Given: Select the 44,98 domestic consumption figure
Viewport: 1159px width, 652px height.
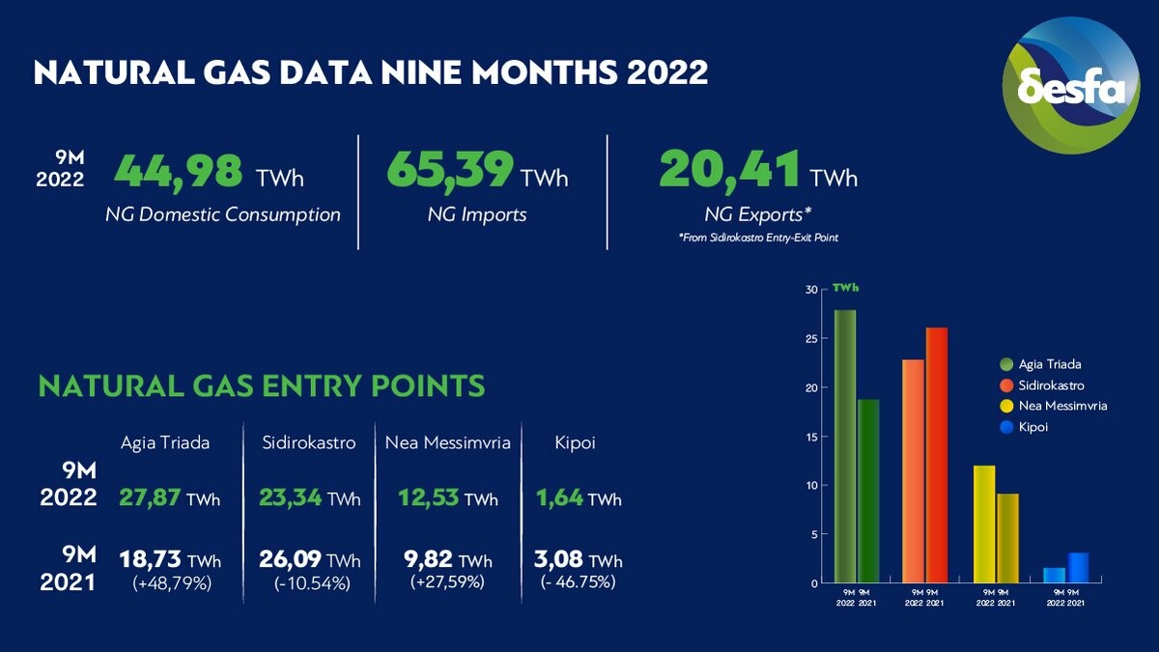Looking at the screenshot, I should [178, 171].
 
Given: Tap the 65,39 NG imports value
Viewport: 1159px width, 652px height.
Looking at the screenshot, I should [449, 171].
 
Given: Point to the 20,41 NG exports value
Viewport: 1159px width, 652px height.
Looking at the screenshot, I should [730, 171].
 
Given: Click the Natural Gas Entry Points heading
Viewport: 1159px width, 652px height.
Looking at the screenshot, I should [261, 386].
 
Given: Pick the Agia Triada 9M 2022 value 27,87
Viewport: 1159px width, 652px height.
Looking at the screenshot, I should [150, 499].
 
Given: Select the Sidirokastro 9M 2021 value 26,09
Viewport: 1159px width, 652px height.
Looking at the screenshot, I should [290, 560].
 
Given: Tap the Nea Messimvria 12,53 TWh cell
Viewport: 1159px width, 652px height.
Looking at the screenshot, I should [448, 499].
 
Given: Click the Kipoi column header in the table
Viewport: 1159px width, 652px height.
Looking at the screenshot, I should [577, 443].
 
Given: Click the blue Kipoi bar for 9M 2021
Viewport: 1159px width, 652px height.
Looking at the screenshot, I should [1078, 568].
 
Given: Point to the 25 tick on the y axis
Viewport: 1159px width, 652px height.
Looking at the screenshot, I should [811, 339].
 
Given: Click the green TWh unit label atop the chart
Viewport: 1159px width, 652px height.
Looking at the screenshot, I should [846, 288].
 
